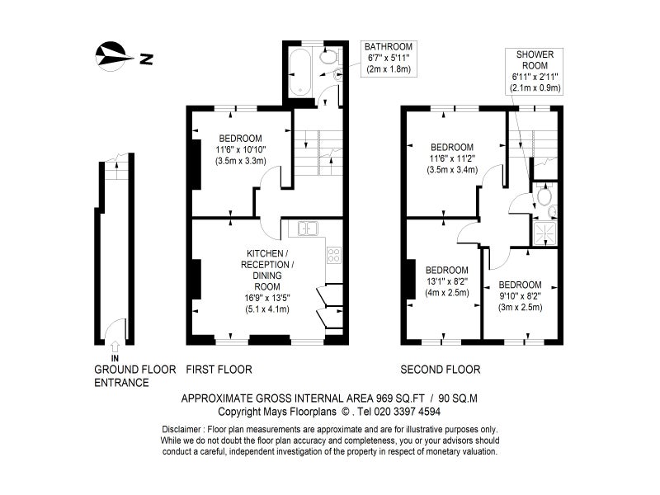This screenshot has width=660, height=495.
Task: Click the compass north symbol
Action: pos(111,56)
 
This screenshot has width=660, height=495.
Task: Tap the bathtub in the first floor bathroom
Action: pos(300,72)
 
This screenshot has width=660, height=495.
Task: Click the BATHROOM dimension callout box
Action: pos(389,59)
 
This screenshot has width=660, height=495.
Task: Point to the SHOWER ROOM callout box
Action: pos(535,71)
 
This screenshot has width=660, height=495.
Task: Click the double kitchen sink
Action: pos(308,229)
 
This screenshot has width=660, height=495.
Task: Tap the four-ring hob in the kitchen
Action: pos(334,255)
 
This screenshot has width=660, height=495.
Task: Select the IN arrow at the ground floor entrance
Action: pos(115,346)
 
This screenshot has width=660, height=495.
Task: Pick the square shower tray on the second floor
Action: pos(544,233)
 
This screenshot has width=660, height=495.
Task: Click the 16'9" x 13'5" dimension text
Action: pos(267,298)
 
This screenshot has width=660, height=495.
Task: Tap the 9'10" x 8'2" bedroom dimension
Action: pos(520,296)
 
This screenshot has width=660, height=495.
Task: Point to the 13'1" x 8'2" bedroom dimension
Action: pos(446,281)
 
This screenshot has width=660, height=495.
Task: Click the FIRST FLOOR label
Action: pos(219,370)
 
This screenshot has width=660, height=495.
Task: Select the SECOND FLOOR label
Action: pos(441,370)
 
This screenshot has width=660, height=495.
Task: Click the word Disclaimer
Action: pos(181,430)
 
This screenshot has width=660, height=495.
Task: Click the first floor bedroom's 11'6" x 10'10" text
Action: pos(241,149)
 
